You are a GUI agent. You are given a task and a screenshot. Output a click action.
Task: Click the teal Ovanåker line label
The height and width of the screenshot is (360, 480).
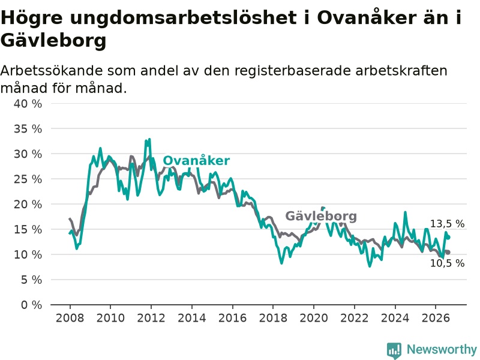pos(196,160)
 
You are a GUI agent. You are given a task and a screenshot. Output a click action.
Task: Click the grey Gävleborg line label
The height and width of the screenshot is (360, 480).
pos(321,216)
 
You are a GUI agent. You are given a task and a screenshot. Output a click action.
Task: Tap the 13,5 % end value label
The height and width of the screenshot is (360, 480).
pos(447,224)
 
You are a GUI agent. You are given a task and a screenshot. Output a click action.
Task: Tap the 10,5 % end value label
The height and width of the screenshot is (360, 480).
pos(447,263)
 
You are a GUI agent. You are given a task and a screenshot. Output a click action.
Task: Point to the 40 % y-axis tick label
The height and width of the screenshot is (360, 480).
pos(28,104)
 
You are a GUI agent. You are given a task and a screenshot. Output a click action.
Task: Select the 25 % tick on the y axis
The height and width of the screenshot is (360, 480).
pos(28,179)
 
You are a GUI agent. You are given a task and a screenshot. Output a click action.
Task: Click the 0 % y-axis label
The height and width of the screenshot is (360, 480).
pos(32,305)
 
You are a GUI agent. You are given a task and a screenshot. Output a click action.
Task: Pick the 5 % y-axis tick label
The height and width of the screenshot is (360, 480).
pos(32,280)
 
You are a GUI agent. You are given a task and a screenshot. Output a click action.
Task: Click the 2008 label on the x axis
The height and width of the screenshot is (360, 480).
pos(70,318)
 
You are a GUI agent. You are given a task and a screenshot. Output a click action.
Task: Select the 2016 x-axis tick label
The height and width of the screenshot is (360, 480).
pos(232,318)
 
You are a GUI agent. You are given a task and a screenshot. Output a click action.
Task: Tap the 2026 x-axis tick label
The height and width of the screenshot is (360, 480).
pos(436,318)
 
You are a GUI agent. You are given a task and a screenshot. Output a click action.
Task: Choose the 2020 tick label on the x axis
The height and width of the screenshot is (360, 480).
pos(314,318)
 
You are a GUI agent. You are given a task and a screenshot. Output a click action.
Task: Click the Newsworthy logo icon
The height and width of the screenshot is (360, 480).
pos(394,350)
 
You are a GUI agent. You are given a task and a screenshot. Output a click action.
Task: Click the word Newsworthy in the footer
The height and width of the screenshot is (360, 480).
pos(442,349)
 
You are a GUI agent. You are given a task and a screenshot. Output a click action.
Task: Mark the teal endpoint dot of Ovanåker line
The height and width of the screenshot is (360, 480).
pos(448,237)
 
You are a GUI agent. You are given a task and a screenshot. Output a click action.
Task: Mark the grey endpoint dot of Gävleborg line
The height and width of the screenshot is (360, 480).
pos(448,252)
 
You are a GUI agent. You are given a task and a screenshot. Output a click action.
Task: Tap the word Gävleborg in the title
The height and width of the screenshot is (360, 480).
pos(53,40)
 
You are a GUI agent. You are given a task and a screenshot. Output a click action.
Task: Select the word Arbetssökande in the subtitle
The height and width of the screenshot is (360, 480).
pos(52,71)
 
